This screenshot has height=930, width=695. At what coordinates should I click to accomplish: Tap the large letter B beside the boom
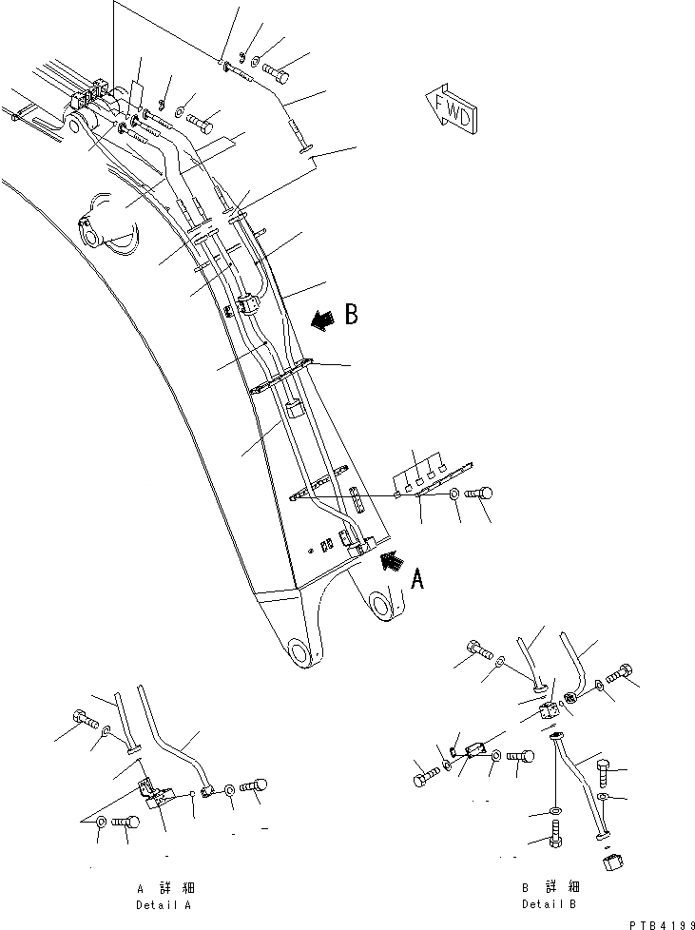(x=351, y=315)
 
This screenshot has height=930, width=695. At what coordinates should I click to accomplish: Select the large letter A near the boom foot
(x=415, y=578)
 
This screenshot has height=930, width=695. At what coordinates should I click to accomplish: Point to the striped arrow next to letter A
(x=390, y=562)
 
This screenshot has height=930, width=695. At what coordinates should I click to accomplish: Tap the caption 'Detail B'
(x=549, y=902)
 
